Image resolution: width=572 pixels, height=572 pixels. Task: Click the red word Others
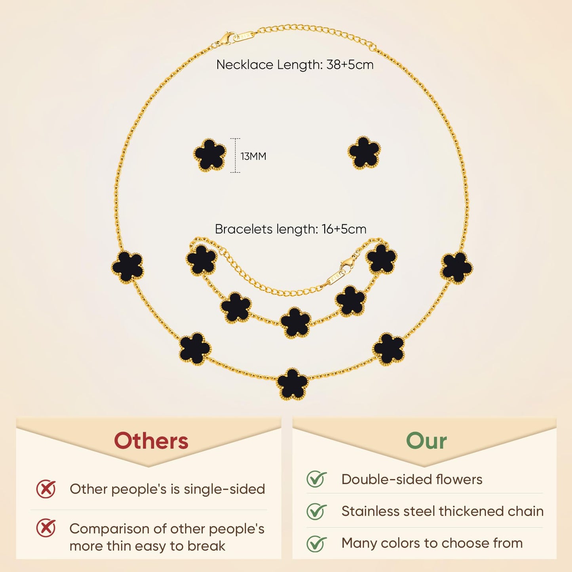[x=151, y=441]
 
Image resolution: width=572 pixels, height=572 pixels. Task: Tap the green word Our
[x=426, y=441]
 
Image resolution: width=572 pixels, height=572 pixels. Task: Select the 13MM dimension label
[x=253, y=156]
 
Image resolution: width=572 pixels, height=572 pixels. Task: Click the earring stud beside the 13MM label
[x=210, y=155]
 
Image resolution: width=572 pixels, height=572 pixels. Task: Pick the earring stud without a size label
[x=364, y=153]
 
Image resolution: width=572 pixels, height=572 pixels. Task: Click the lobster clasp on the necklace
[x=227, y=38]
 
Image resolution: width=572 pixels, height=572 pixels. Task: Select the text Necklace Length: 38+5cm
[x=295, y=65]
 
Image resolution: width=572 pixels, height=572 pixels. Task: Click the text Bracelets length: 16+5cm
[x=291, y=229]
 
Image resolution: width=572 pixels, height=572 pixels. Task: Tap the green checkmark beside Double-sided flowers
[x=316, y=479]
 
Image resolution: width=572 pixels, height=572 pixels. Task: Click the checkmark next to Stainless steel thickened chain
[x=316, y=511]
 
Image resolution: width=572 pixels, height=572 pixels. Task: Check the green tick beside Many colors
[x=316, y=543]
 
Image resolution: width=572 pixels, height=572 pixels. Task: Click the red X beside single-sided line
[x=46, y=489]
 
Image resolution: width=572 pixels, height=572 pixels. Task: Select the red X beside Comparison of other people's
[x=46, y=528]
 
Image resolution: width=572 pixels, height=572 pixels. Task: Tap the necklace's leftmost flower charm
[x=127, y=266]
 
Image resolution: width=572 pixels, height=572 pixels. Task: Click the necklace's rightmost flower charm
[x=456, y=268]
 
